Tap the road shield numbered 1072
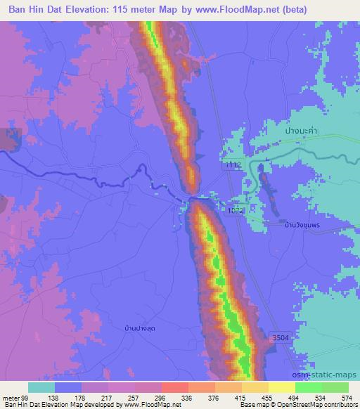click(x=235, y=210)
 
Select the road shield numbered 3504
click(x=279, y=339)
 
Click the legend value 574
click(x=347, y=397)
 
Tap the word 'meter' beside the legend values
click(x=11, y=397)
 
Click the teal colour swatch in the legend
click(x=41, y=387)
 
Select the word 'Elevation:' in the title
click(x=96, y=9)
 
